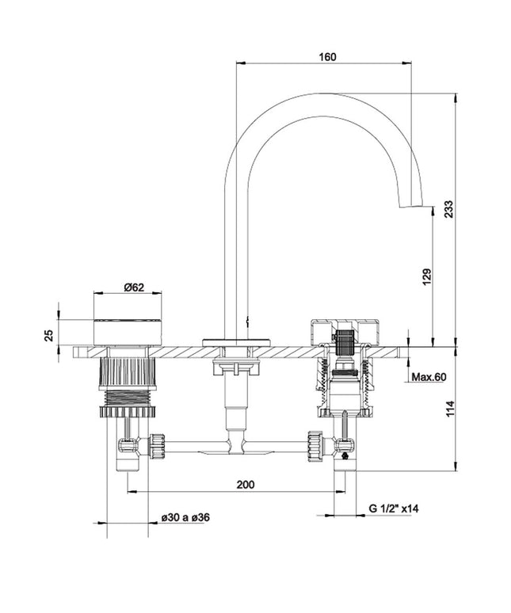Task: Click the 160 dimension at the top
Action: click(x=328, y=57)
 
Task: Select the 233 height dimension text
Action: click(x=448, y=208)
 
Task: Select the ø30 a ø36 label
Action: click(x=185, y=517)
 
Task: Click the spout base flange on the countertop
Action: click(x=236, y=341)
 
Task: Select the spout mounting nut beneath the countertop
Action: click(x=236, y=365)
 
